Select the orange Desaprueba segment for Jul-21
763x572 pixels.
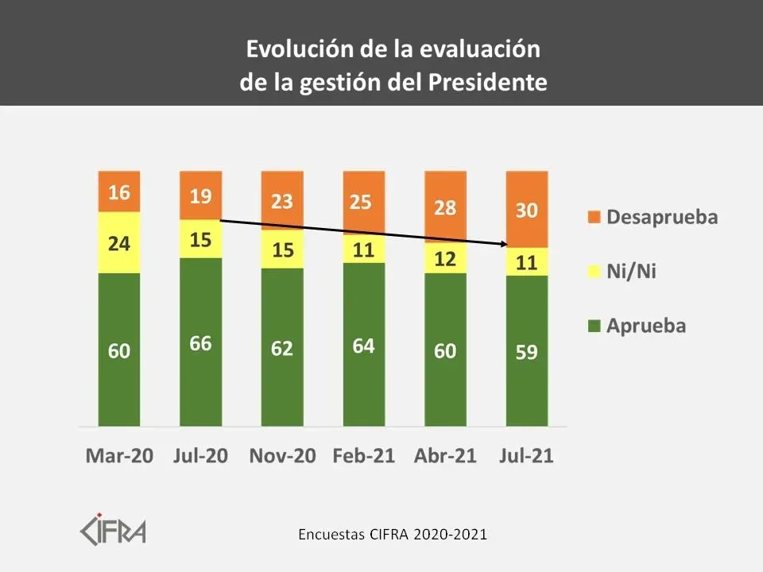[x=526, y=209]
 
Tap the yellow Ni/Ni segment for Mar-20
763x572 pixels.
[x=119, y=242]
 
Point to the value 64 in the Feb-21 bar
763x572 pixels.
[x=363, y=346]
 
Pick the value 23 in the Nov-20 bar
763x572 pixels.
[x=282, y=201]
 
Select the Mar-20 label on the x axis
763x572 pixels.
[x=119, y=456]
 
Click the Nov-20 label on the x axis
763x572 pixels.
[x=282, y=456]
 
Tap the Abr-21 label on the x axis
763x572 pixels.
[x=445, y=456]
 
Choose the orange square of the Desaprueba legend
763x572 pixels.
[x=591, y=217]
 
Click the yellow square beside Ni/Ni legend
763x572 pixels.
[x=591, y=272]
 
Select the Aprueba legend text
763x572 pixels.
[x=646, y=326]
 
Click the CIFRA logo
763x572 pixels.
[x=114, y=528]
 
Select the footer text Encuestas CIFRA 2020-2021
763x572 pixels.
[x=393, y=534]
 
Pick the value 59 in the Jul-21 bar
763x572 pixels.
[x=526, y=351]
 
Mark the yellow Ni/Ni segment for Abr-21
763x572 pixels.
[x=445, y=259]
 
